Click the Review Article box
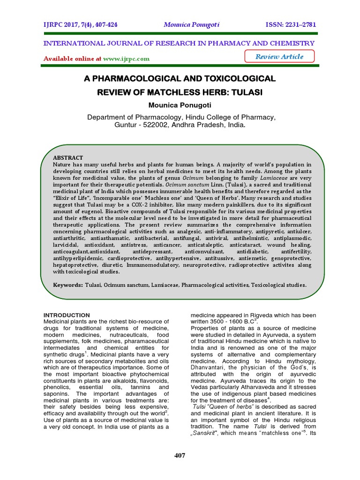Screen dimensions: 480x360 279,57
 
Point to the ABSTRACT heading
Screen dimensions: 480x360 68,158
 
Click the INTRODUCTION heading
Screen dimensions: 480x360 67,315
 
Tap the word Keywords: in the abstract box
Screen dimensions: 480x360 68,285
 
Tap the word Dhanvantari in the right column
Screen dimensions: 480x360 207,367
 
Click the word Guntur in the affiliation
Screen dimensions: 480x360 126,125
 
